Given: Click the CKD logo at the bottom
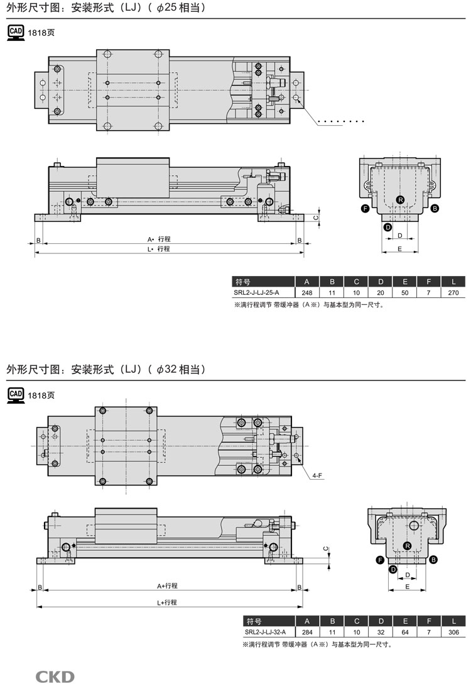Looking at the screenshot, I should click(x=55, y=677).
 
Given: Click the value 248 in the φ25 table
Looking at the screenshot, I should click(x=307, y=293).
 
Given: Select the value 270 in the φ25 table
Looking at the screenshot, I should click(x=453, y=293).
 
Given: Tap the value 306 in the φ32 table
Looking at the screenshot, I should click(x=453, y=632).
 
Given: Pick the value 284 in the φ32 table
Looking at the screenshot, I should click(x=307, y=632).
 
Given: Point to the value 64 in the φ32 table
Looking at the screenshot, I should click(x=405, y=632).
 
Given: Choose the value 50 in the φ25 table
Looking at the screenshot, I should click(x=405, y=293).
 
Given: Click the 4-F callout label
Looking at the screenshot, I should click(x=318, y=476).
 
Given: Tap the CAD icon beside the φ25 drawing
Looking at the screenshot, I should click(x=16, y=33).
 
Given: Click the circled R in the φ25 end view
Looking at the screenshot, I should click(x=400, y=200).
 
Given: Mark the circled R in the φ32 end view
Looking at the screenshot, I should click(x=408, y=545).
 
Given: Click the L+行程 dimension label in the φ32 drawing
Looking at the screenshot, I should click(x=167, y=602).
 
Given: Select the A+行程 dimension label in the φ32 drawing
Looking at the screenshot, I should click(x=167, y=586).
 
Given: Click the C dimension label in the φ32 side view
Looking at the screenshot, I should click(x=325, y=549).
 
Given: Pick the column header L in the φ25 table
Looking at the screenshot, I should click(x=453, y=282).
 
